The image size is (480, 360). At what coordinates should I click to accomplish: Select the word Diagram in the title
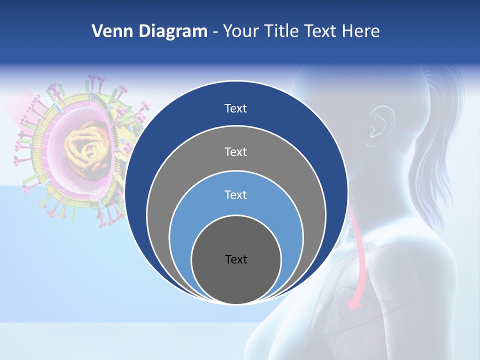tap(173, 31)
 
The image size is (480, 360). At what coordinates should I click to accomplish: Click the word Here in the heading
tap(360, 31)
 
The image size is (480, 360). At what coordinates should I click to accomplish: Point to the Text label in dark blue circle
tap(236, 108)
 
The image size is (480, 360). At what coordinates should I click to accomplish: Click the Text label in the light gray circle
tap(236, 151)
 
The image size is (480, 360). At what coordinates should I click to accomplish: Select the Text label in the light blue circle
tap(236, 194)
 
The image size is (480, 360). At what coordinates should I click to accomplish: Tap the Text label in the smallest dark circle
tap(236, 259)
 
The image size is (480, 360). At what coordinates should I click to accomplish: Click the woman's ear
tap(380, 123)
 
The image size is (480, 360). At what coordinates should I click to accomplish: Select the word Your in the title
tap(241, 31)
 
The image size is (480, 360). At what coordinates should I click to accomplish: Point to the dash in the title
tap(215, 32)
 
